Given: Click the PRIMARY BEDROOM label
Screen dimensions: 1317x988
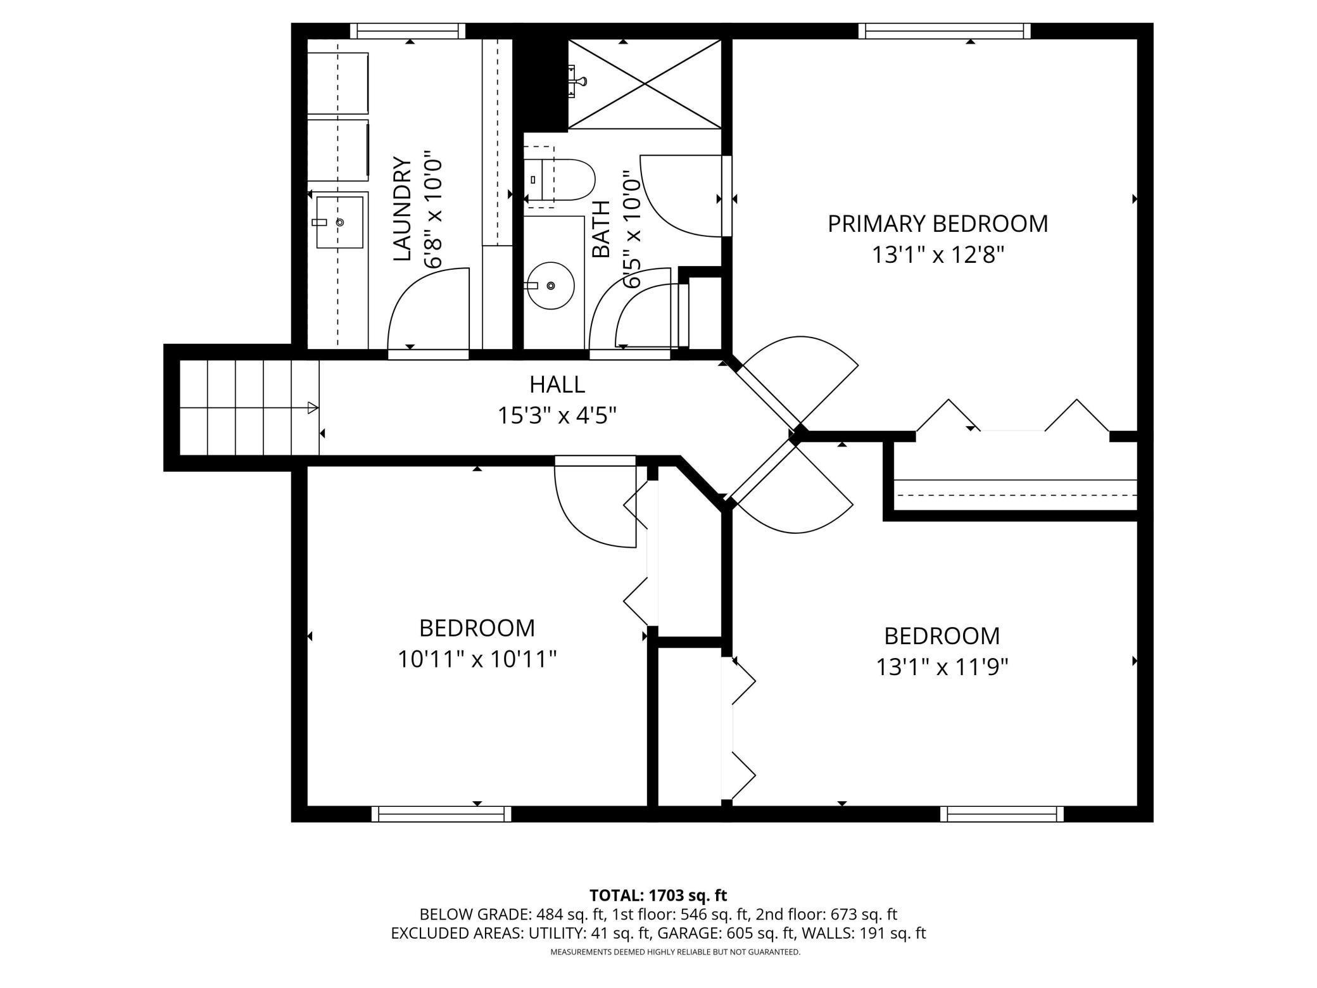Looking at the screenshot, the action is click(x=938, y=224).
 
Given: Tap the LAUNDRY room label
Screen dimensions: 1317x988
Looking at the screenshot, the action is click(x=403, y=209).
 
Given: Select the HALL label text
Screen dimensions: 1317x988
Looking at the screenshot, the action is click(x=557, y=384).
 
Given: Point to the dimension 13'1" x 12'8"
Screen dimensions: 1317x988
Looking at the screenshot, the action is click(x=938, y=255).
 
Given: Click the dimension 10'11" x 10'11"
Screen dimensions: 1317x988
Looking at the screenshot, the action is click(x=477, y=660).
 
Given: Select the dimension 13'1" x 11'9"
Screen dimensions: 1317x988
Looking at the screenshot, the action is click(x=942, y=667).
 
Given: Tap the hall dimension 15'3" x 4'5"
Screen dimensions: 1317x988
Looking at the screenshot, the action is click(x=557, y=416).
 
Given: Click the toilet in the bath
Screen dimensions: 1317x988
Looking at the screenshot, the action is click(x=560, y=180).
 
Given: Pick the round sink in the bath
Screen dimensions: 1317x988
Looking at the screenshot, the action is click(x=550, y=286).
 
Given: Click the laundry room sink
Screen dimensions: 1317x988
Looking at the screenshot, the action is click(x=340, y=222).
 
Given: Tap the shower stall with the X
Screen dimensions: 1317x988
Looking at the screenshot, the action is click(x=645, y=84).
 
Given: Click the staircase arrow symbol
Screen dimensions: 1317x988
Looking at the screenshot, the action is click(x=313, y=408).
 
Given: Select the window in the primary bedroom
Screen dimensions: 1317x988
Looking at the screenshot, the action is click(x=944, y=31).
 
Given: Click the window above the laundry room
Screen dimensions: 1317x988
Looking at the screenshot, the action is click(x=408, y=31).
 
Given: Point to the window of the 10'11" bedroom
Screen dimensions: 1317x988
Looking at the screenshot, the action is click(x=441, y=814).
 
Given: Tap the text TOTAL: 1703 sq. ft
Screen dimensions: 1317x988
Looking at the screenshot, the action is click(x=658, y=896).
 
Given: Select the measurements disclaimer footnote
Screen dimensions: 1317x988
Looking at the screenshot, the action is click(x=675, y=952).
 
